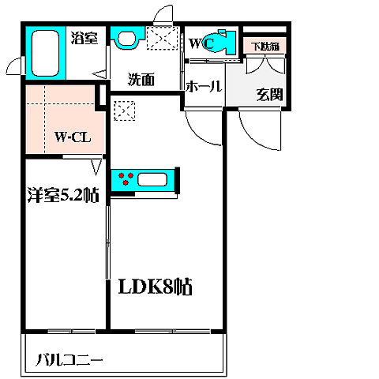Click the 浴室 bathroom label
coord(84,37)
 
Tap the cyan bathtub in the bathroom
coord(47,54)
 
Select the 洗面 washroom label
coord(141,79)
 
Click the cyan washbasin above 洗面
coord(125,37)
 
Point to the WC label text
coord(201,44)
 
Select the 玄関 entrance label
coord(266,95)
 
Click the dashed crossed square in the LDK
coord(125,111)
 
